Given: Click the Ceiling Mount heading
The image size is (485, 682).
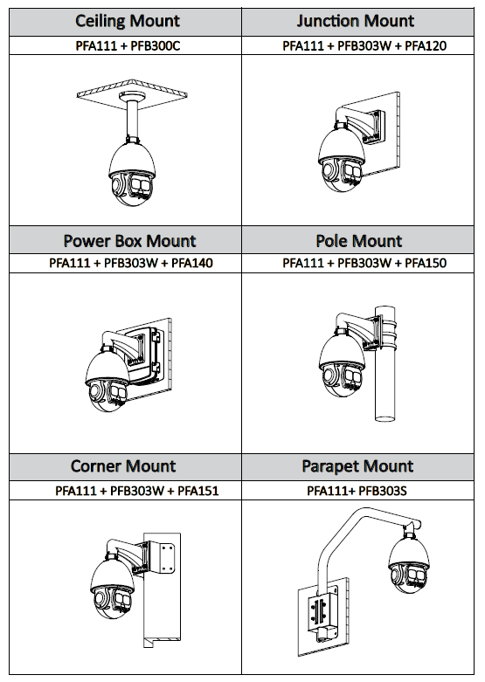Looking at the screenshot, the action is pyautogui.click(x=127, y=21).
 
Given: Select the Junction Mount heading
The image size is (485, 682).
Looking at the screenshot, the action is pyautogui.click(x=356, y=21).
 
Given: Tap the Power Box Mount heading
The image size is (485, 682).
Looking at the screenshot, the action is pyautogui.click(x=129, y=241).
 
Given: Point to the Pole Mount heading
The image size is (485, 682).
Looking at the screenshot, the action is pyautogui.click(x=359, y=241).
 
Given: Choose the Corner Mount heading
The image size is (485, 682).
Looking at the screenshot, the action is pyautogui.click(x=123, y=466).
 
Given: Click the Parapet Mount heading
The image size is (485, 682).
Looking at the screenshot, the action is pyautogui.click(x=357, y=466).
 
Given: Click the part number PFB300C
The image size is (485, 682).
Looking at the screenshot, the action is pyautogui.click(x=155, y=45).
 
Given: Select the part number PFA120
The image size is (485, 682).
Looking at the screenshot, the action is pyautogui.click(x=426, y=45).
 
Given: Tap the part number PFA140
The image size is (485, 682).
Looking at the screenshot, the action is pyautogui.click(x=192, y=263).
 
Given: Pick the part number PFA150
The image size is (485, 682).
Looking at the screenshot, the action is pyautogui.click(x=426, y=263).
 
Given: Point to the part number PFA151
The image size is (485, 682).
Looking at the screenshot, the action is pyautogui.click(x=198, y=491).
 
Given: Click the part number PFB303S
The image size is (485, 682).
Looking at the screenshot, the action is pyautogui.click(x=382, y=491).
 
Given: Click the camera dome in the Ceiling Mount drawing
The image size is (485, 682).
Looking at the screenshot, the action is pyautogui.click(x=132, y=172).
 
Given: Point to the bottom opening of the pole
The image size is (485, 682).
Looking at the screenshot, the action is pyautogui.click(x=385, y=418).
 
